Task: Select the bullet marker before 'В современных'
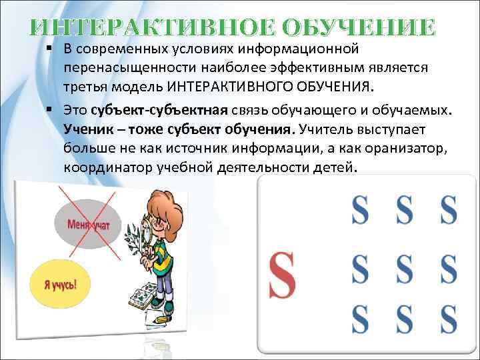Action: (51, 49)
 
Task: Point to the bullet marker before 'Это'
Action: (51, 110)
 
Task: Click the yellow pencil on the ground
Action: (161, 321)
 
